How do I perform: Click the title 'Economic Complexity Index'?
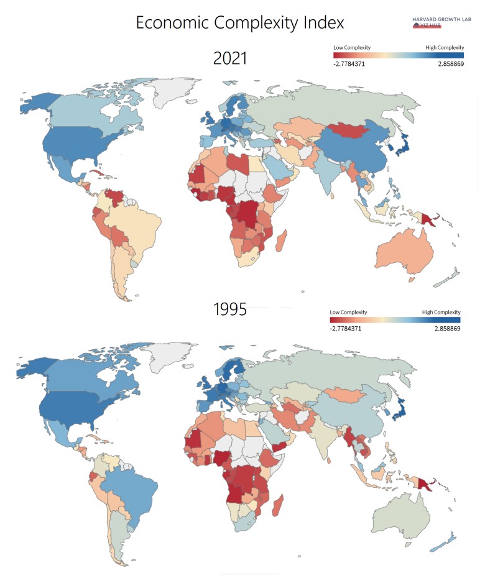click(x=240, y=23)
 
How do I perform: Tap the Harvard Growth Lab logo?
click(x=435, y=22)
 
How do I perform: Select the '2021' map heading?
click(x=230, y=59)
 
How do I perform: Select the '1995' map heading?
click(x=230, y=309)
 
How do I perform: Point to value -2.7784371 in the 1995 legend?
click(x=346, y=328)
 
